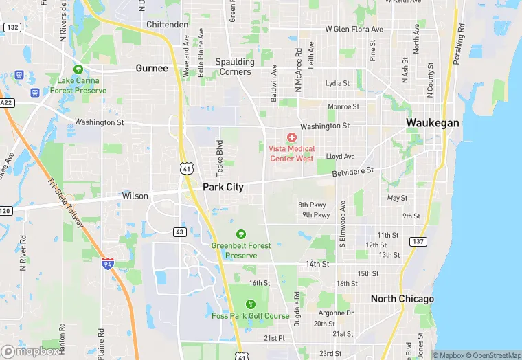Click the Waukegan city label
click(432, 122)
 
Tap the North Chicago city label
click(402, 299)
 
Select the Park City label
click(223, 187)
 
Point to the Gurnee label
click(151, 68)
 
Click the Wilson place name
click(135, 196)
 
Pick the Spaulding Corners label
click(235, 67)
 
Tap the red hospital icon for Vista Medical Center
click(292, 138)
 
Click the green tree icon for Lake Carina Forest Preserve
click(78, 69)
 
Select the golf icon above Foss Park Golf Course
click(250, 304)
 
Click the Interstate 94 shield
click(107, 263)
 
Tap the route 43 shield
click(179, 232)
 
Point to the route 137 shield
click(417, 241)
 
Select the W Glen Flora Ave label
click(354, 30)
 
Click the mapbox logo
click(30, 351)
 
